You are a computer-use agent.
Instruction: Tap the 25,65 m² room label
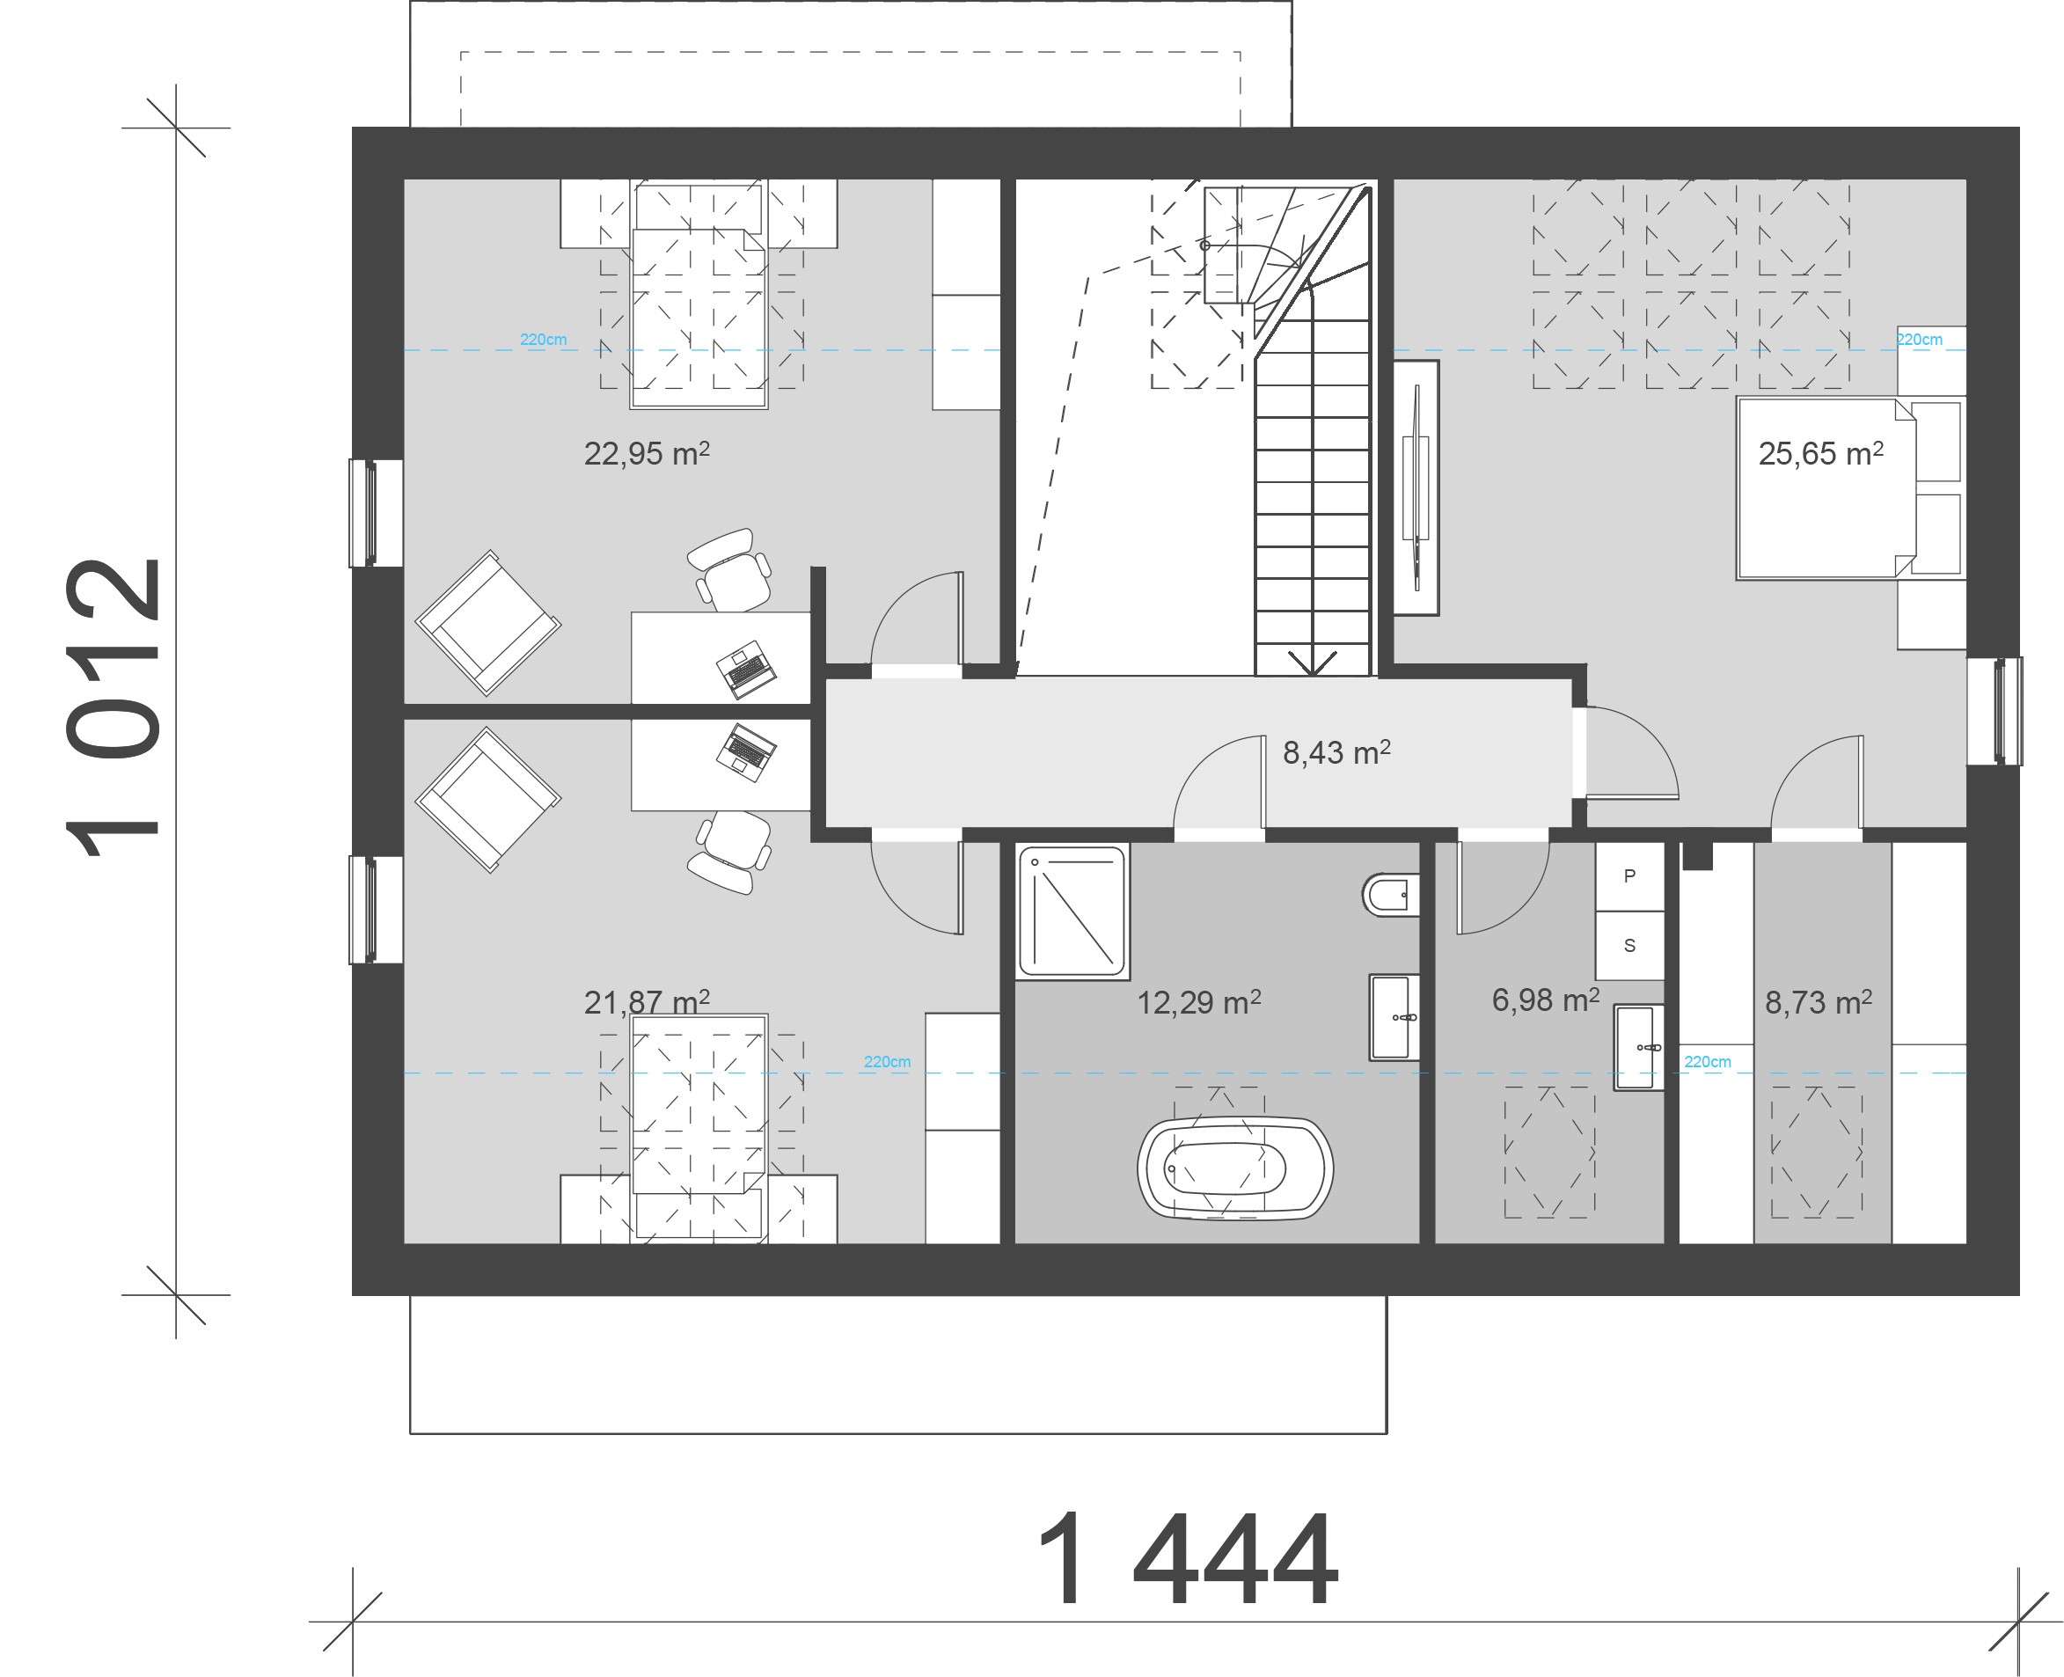click(x=1820, y=453)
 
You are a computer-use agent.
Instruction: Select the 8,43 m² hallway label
click(x=1336, y=752)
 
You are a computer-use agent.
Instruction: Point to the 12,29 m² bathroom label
click(x=1198, y=1002)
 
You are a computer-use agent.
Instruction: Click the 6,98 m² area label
click(x=1545, y=1000)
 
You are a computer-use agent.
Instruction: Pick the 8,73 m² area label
click(x=1819, y=1002)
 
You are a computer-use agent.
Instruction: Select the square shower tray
click(x=1073, y=911)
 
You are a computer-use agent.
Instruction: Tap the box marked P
click(x=1629, y=876)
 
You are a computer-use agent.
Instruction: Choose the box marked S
click(x=1629, y=946)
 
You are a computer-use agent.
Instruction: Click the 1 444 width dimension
click(x=1188, y=1560)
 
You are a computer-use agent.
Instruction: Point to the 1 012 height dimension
click(x=113, y=708)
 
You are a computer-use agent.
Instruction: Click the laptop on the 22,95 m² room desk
click(x=746, y=669)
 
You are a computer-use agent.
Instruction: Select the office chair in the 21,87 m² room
click(x=730, y=852)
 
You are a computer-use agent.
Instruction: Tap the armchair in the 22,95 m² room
click(x=487, y=623)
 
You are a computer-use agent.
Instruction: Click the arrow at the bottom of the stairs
click(x=1313, y=662)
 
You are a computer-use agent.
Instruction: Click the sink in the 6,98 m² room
click(x=1638, y=1048)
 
